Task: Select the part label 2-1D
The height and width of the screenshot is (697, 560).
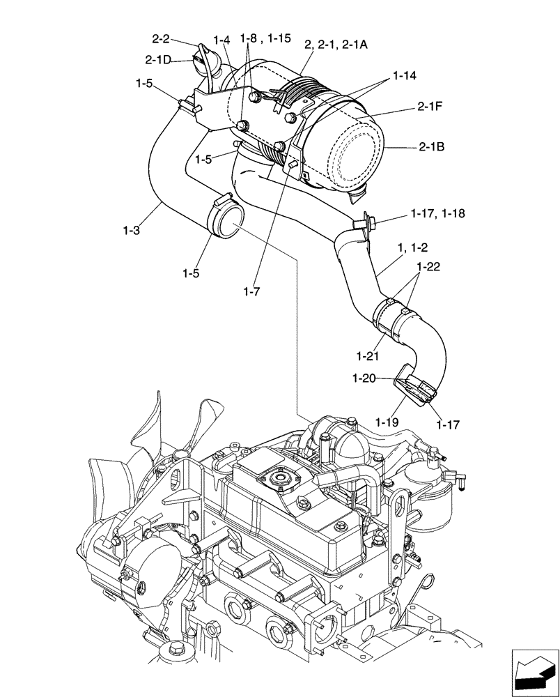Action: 158,60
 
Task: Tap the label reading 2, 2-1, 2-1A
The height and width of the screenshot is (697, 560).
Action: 336,44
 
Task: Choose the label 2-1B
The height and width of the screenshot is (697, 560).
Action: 432,147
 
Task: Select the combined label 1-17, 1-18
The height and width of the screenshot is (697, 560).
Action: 438,214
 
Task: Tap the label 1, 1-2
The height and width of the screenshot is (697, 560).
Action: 412,247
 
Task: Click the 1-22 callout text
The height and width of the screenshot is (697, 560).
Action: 430,267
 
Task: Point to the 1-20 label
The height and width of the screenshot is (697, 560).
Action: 364,378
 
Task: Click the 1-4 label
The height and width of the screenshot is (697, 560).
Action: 222,40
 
